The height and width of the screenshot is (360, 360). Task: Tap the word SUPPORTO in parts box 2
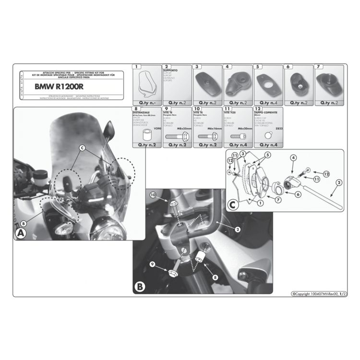click(171, 71)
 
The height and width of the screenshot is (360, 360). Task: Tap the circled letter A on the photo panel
click(21, 234)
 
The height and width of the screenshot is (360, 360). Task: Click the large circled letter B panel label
click(139, 287)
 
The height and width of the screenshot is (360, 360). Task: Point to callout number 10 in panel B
click(153, 194)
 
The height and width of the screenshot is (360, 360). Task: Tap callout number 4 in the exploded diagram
click(292, 157)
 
